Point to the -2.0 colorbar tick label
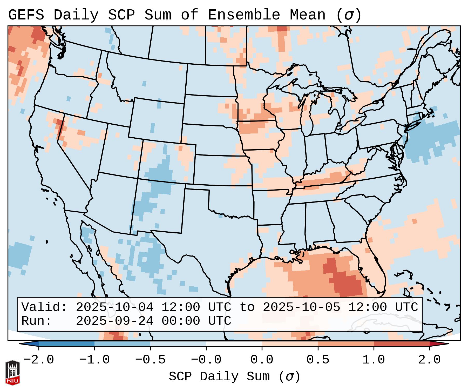point(39,360)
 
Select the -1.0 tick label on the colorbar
point(94,360)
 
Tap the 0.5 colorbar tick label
point(318,360)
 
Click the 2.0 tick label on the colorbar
point(429,360)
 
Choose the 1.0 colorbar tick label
point(374,360)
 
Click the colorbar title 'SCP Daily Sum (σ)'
point(234,377)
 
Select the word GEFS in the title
point(26,15)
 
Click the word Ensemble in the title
point(244,15)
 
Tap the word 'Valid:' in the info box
point(44,307)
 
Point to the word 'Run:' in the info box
point(37,321)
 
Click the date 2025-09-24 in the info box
point(114,321)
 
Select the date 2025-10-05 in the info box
point(301,307)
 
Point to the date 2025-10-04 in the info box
point(114,307)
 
